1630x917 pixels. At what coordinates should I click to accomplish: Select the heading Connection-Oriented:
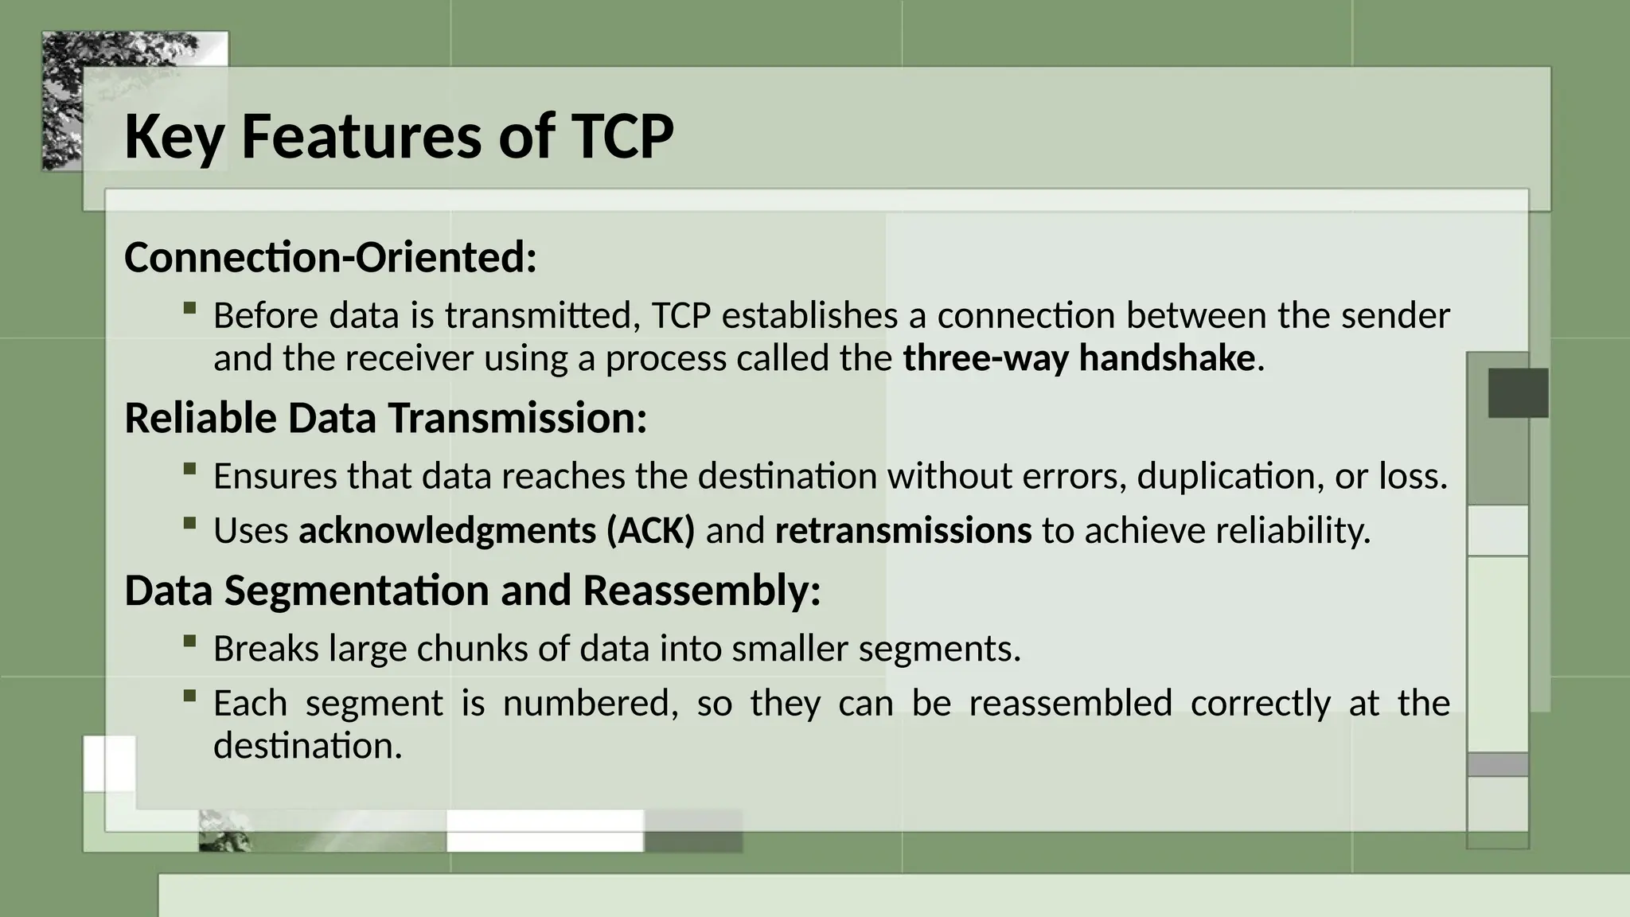coord(330,258)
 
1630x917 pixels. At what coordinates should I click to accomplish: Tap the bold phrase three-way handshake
coord(1078,359)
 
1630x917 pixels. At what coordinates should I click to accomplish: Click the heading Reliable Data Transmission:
coord(386,419)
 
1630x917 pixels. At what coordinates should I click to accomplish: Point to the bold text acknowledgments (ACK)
coord(497,531)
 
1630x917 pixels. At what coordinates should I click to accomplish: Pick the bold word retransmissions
coord(903,531)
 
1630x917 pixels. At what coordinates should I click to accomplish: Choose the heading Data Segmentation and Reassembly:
coord(472,591)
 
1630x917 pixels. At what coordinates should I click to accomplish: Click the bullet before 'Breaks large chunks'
coord(189,641)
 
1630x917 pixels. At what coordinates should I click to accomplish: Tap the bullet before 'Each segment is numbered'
coord(189,696)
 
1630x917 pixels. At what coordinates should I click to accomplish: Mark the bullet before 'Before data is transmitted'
coord(189,308)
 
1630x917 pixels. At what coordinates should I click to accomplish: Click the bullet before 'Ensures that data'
coord(189,469)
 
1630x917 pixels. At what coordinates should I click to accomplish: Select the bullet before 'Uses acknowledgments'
coord(189,523)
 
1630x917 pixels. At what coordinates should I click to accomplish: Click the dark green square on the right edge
coord(1518,393)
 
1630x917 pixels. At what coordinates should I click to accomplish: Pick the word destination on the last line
coord(307,747)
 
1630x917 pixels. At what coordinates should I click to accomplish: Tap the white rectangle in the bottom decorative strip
coord(544,830)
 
